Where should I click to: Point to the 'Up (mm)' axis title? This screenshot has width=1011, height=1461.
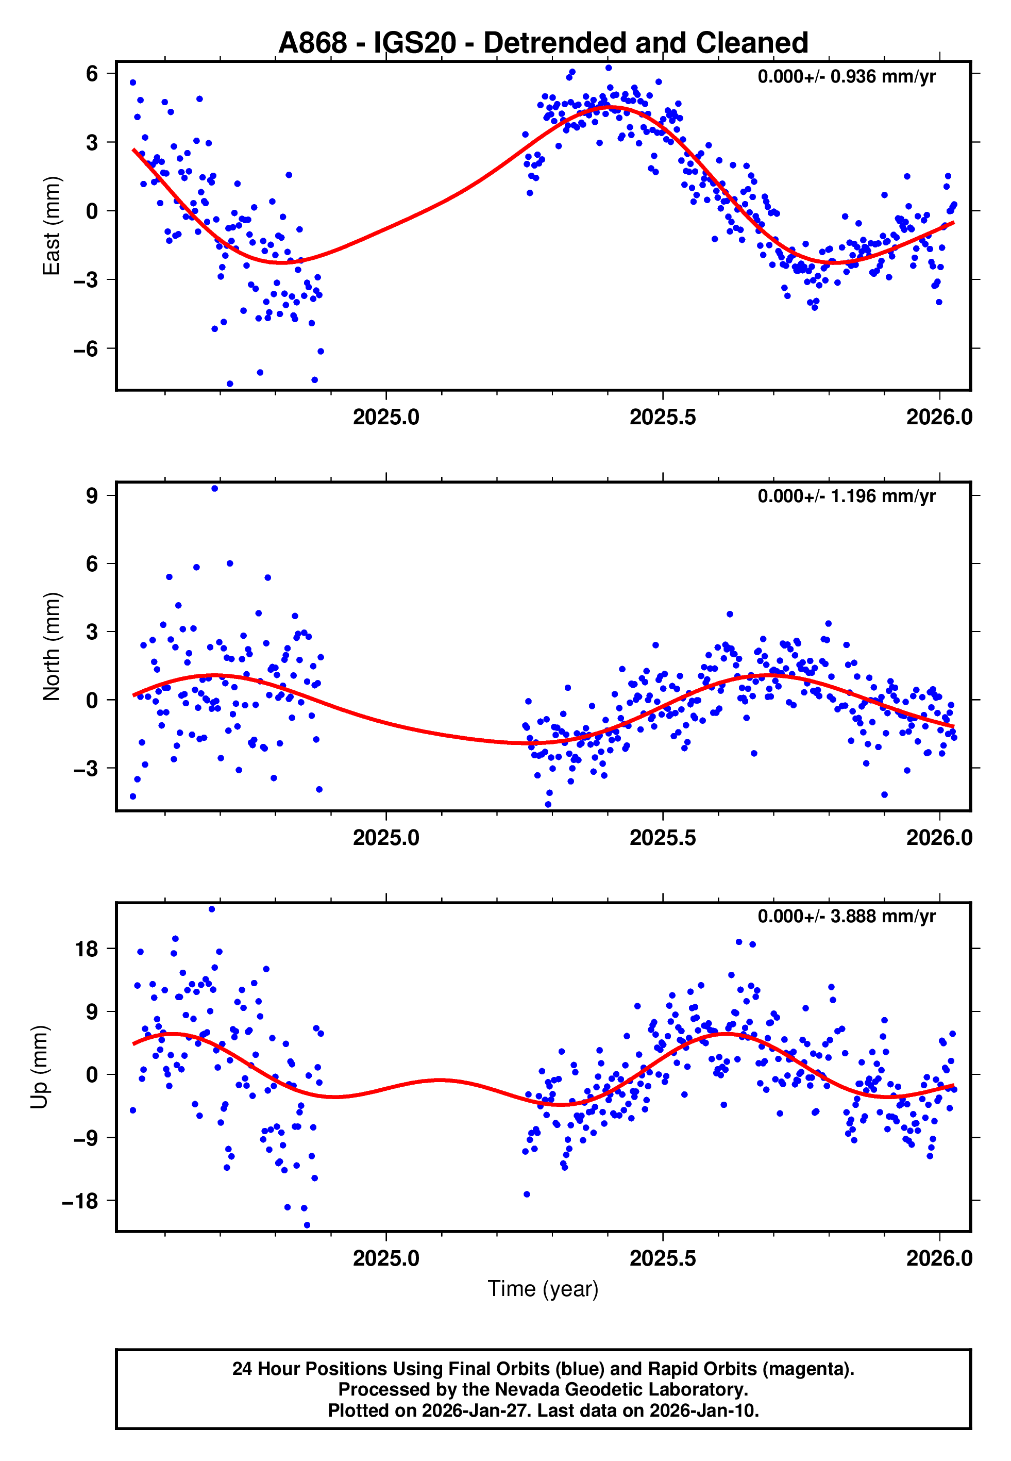coord(39,1067)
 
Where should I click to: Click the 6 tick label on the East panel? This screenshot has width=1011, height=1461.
coord(92,74)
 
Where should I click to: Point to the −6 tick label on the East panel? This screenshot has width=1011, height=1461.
coord(86,349)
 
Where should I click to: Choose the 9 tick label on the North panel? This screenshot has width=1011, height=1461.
coord(92,495)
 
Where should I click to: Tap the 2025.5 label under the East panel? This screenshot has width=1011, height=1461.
coord(663,418)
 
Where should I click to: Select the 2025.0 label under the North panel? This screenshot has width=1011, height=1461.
coord(386,838)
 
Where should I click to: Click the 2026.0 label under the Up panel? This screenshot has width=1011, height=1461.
coord(939,1258)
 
